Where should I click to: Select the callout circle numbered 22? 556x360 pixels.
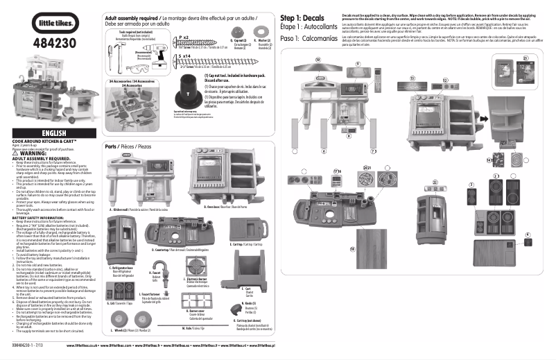pyautogui.click(x=435, y=181)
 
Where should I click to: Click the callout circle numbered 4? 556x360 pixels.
pyautogui.click(x=527, y=235)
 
